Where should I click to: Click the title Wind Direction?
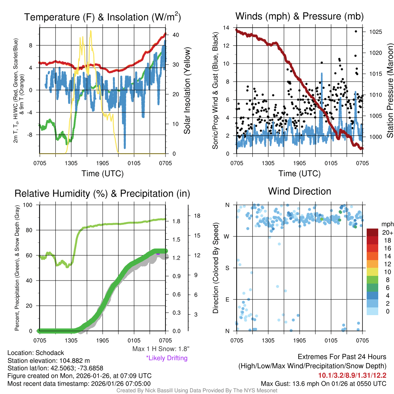pyautogui.click(x=299, y=191)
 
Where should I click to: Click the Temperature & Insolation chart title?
pyautogui.click(x=102, y=17)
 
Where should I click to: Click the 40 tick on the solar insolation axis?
pyautogui.click(x=175, y=35)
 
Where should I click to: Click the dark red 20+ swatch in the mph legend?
pyautogui.click(x=373, y=232)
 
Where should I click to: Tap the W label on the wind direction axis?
pyautogui.click(x=227, y=236)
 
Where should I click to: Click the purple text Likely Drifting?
pyautogui.click(x=167, y=358)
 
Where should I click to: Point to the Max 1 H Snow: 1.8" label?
pyautogui.click(x=160, y=349)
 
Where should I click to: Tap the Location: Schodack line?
pyautogui.click(x=36, y=353)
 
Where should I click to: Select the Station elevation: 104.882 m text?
pyautogui.click(x=48, y=361)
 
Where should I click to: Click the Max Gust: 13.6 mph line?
pyautogui.click(x=324, y=383)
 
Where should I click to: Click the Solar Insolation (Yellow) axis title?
pyautogui.click(x=187, y=91)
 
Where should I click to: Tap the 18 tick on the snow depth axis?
pyautogui.click(x=197, y=216)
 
